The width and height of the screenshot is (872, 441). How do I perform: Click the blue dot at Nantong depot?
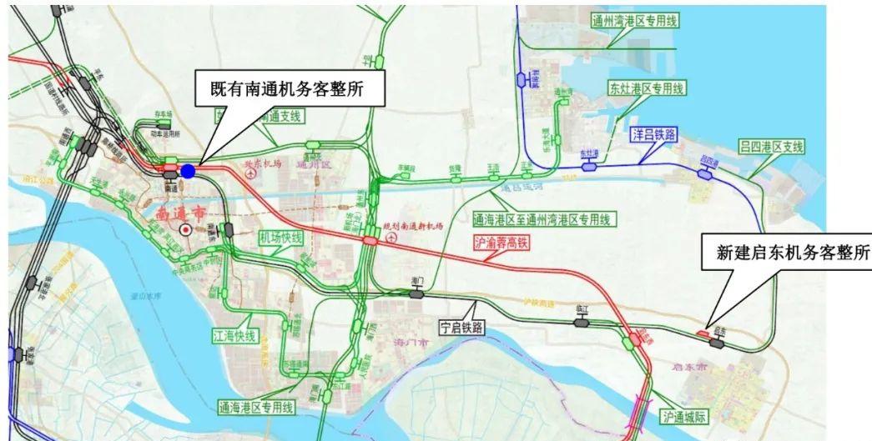(x=189, y=171)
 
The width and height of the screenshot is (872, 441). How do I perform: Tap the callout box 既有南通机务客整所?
(x=290, y=87)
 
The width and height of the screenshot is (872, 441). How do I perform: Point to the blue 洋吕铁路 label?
(x=652, y=133)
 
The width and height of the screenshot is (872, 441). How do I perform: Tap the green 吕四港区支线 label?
(x=771, y=147)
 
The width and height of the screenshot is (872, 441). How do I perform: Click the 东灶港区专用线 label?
(x=646, y=88)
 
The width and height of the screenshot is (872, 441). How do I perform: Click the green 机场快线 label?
(x=281, y=238)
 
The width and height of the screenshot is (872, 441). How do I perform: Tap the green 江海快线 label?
(x=233, y=336)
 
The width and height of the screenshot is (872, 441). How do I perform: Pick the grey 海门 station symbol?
(x=416, y=293)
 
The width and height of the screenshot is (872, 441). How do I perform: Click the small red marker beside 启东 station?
(x=703, y=333)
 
